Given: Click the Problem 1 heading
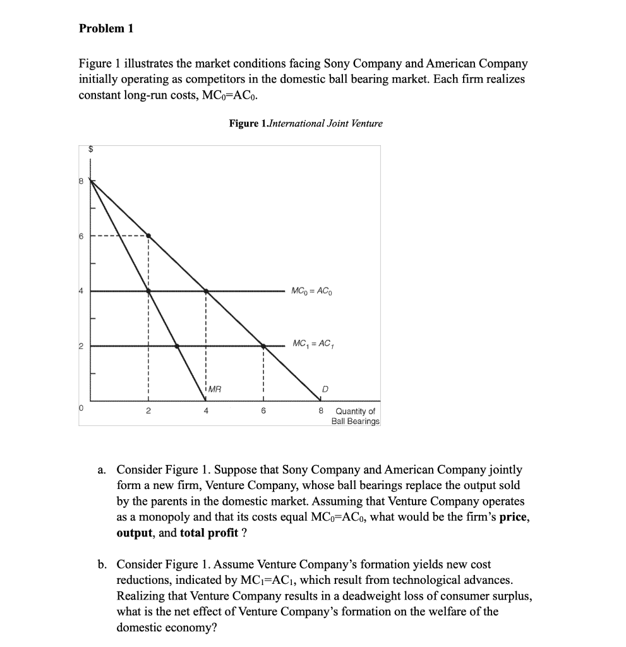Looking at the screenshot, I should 106,28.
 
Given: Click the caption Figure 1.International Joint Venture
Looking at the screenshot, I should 306,123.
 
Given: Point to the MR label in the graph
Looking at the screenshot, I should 215,389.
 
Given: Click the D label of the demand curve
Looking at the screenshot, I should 325,389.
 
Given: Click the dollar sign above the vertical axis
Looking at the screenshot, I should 90,150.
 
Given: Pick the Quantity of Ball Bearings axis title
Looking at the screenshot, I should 356,416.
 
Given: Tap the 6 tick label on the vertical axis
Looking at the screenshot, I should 81,236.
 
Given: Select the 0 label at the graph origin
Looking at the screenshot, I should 81,410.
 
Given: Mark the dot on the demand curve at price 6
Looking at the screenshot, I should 148,236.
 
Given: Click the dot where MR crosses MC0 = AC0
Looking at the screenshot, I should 148,291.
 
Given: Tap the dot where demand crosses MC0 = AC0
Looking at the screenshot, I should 206,291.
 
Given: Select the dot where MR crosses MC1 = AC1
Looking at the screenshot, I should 177,346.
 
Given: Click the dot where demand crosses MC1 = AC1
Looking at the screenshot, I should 263,346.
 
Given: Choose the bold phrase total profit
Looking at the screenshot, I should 209,532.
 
